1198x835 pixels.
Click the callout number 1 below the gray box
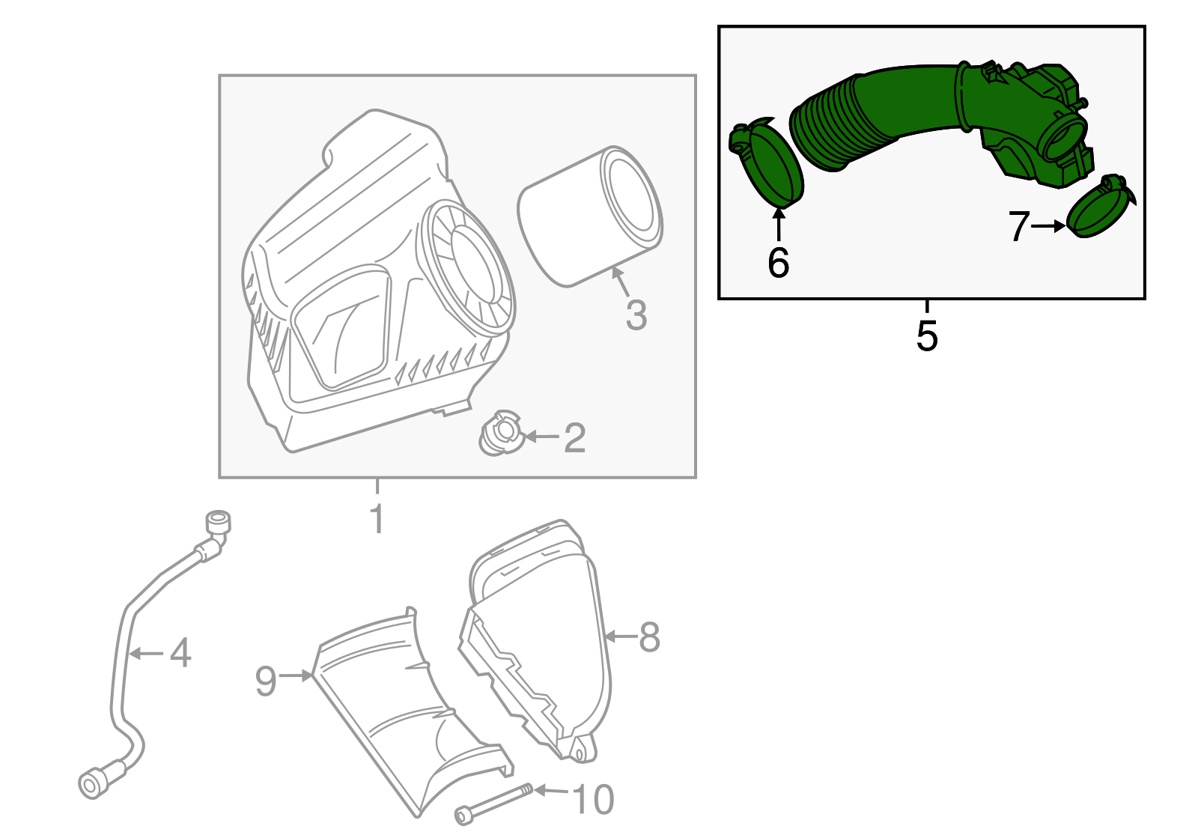pyautogui.click(x=378, y=519)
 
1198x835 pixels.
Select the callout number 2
pyautogui.click(x=574, y=437)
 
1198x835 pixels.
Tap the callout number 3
pyautogui.click(x=636, y=315)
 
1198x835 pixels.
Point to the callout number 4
pyautogui.click(x=180, y=653)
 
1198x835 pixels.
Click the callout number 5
pyautogui.click(x=927, y=335)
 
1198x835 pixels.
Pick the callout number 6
pyautogui.click(x=779, y=263)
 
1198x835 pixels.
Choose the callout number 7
pyautogui.click(x=1019, y=226)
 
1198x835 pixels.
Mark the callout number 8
pyautogui.click(x=648, y=637)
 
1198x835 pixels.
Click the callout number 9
pyautogui.click(x=266, y=681)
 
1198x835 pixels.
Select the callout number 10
pyautogui.click(x=594, y=800)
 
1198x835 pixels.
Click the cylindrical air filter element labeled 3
pyautogui.click(x=590, y=216)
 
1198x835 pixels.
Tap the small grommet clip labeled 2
pyautogui.click(x=499, y=434)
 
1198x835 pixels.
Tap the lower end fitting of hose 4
pyautogui.click(x=94, y=783)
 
